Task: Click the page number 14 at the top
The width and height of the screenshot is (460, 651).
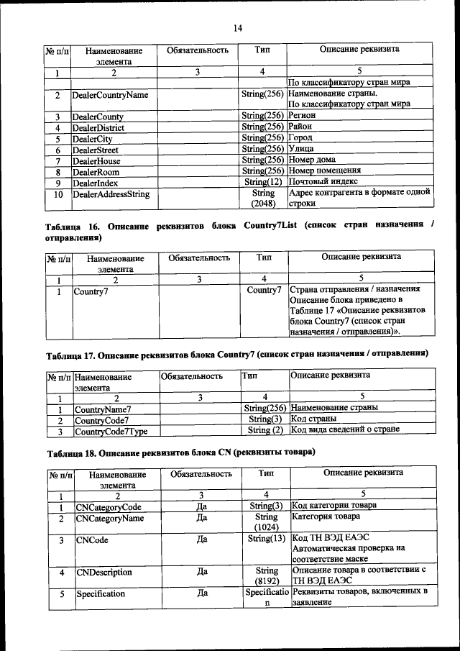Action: (238, 28)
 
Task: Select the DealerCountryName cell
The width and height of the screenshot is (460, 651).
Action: (110, 95)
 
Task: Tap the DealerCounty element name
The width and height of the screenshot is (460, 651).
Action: (98, 117)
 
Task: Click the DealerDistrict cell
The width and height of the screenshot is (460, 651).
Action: (100, 128)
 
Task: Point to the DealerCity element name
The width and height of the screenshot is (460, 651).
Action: (93, 139)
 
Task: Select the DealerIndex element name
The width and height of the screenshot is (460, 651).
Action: (96, 183)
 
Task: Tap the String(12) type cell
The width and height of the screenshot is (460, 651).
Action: (263, 183)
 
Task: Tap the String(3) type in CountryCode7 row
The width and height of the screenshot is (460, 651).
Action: (264, 419)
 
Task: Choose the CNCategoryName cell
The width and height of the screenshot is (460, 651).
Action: (113, 517)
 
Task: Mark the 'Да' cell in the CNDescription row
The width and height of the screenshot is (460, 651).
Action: (202, 572)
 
